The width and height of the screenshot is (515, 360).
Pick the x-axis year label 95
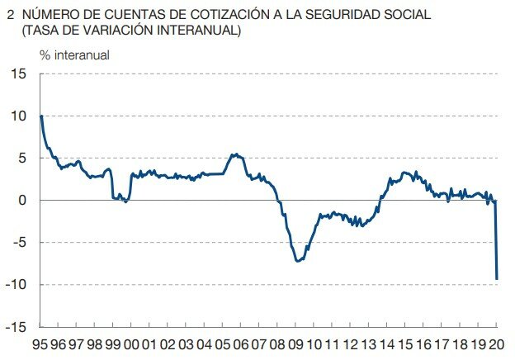40,344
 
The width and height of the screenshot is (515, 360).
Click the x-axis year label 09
295,344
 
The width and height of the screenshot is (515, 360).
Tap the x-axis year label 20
497,344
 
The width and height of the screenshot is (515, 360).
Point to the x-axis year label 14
387,344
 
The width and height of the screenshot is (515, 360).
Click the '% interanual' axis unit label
74,55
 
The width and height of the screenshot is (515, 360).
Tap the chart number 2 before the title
9,15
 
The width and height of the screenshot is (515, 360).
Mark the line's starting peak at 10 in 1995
41,116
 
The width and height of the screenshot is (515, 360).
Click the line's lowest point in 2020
497,279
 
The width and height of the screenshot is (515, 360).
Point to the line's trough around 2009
297,261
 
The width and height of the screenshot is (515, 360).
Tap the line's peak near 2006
235,154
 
